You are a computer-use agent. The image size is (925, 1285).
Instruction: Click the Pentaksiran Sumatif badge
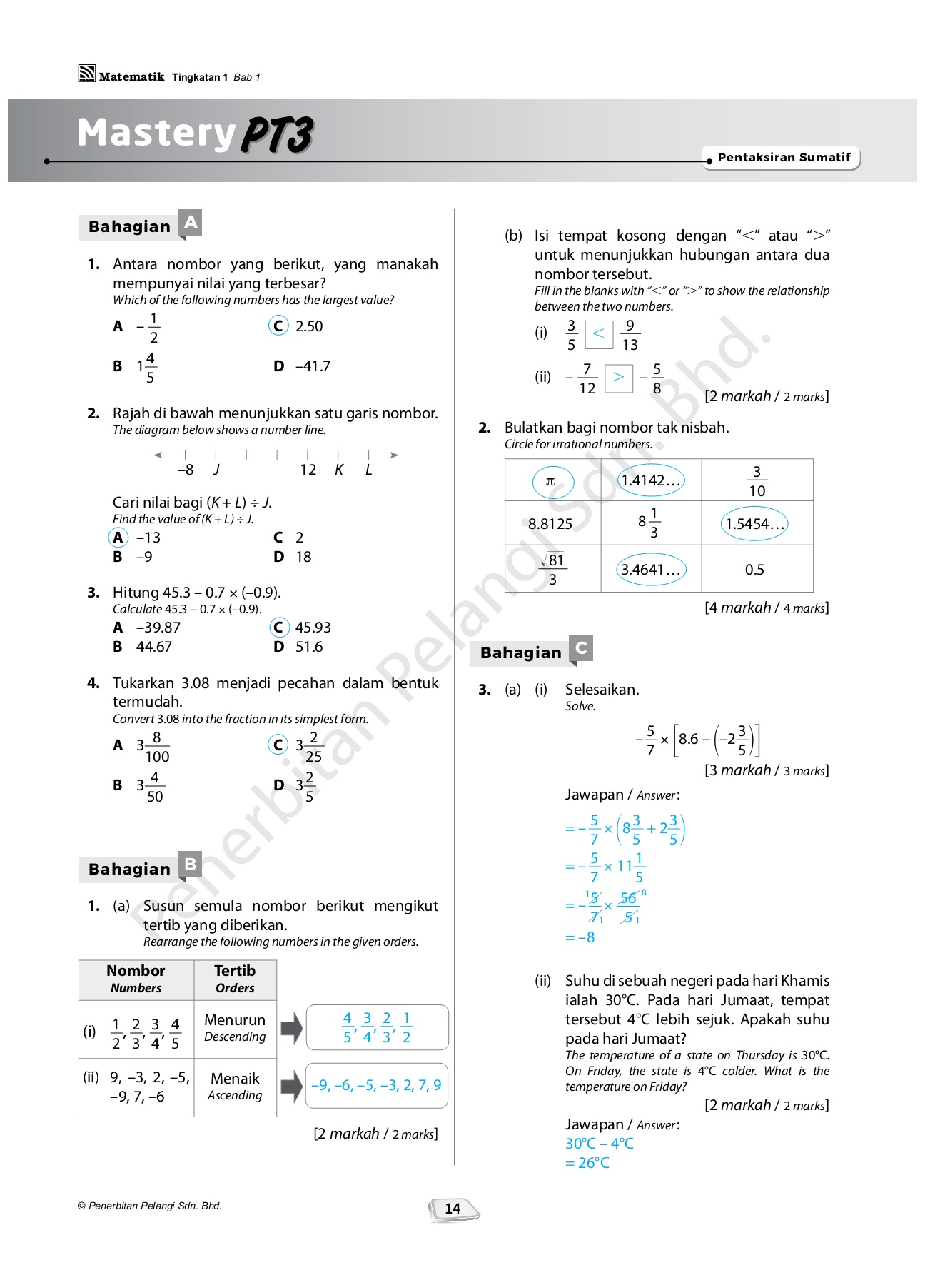[784, 158]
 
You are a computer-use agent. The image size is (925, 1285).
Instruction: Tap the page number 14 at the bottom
[453, 1209]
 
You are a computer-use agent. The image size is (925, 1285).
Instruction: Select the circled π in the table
[552, 482]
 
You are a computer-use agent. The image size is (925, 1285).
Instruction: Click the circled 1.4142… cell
[650, 480]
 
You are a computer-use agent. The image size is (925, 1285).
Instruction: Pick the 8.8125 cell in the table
[550, 524]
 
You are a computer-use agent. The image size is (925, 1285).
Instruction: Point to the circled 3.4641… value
[650, 570]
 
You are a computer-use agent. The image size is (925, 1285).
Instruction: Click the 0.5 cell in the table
[754, 570]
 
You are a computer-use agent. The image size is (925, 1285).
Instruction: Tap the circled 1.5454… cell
[754, 524]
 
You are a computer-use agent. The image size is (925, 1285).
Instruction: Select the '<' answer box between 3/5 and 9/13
[599, 334]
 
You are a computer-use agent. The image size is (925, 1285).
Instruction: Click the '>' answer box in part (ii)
[618, 378]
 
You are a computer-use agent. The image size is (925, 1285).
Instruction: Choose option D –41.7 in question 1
[304, 366]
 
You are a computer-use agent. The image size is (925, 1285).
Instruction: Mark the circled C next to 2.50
[278, 326]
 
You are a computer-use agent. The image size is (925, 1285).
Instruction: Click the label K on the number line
[339, 470]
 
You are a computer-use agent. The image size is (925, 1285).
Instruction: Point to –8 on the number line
[186, 470]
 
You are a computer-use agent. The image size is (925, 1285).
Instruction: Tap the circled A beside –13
[118, 538]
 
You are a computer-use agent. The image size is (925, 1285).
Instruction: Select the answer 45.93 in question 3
[313, 628]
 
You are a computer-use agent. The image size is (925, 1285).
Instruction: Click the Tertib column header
[235, 979]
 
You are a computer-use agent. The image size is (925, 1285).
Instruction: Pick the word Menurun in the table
[235, 1020]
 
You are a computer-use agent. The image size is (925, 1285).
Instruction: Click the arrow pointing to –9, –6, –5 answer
[292, 1086]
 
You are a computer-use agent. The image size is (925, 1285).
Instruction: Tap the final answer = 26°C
[587, 1163]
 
